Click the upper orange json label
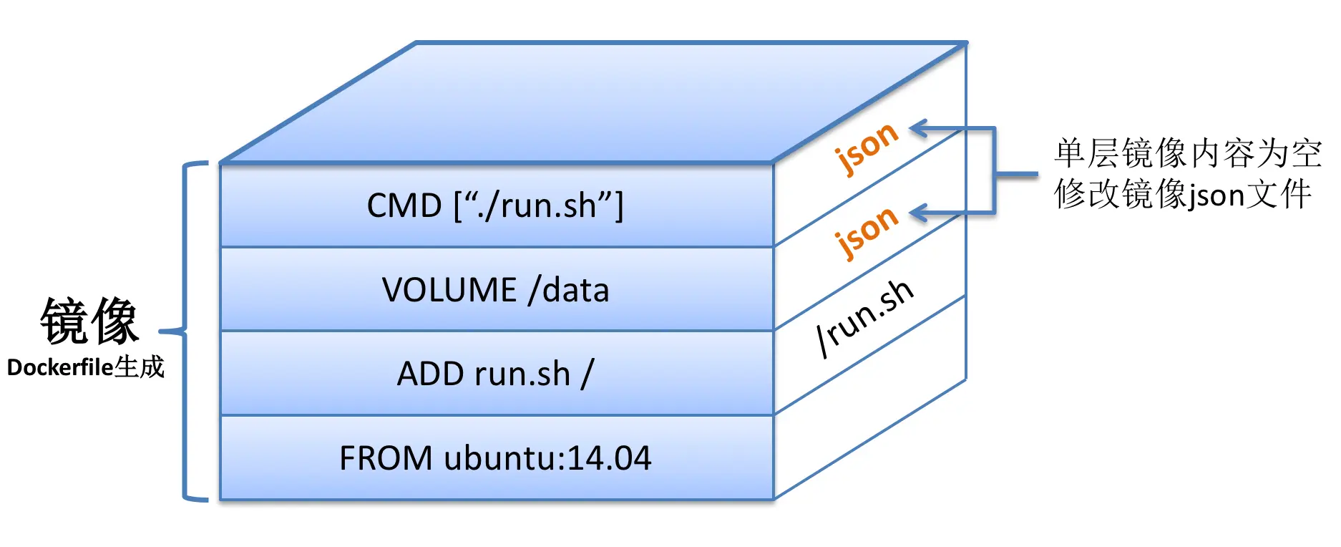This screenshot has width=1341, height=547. coord(867,148)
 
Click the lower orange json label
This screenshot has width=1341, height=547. coord(867,232)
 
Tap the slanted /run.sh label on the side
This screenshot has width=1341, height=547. coord(865,316)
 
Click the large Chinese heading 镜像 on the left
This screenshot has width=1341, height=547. coord(89,321)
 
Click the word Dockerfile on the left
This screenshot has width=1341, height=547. coord(60,368)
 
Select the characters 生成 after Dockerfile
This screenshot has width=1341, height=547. coord(140,367)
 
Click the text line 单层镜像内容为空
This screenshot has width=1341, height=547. coord(1187,154)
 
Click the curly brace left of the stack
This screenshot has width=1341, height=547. coord(185,331)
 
